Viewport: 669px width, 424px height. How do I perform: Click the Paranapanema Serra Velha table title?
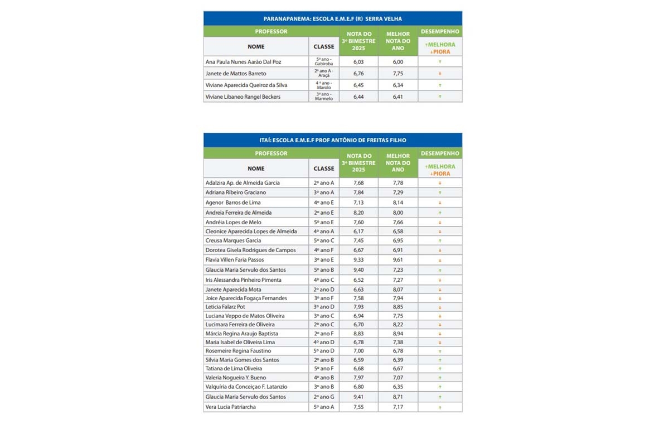point(332,18)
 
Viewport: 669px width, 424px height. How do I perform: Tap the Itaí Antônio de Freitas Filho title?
point(332,140)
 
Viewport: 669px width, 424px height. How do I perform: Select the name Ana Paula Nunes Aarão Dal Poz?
point(244,62)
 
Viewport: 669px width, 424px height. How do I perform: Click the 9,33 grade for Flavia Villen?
point(358,260)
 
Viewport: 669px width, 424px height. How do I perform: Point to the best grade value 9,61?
point(397,260)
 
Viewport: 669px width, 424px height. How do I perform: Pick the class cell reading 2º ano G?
point(324,397)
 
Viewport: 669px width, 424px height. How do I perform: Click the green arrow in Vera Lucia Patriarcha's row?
point(440,408)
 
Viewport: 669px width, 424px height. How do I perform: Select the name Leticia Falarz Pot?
point(225,307)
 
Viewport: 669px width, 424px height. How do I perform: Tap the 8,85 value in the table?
point(397,307)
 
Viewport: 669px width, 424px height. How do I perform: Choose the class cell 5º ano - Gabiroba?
point(324,62)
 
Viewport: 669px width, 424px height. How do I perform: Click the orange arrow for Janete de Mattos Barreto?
point(440,74)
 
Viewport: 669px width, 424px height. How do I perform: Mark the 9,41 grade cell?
point(358,397)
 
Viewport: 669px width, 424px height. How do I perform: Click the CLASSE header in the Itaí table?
point(324,168)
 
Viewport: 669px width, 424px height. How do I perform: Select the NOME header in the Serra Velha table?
point(256,47)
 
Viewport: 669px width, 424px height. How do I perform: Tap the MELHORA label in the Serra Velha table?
point(440,45)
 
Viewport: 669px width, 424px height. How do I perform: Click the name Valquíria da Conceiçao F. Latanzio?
point(245,387)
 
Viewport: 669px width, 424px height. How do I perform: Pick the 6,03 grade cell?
point(358,62)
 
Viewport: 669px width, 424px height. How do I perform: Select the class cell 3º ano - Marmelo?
point(324,97)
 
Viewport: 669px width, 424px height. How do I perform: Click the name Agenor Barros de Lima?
point(233,203)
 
